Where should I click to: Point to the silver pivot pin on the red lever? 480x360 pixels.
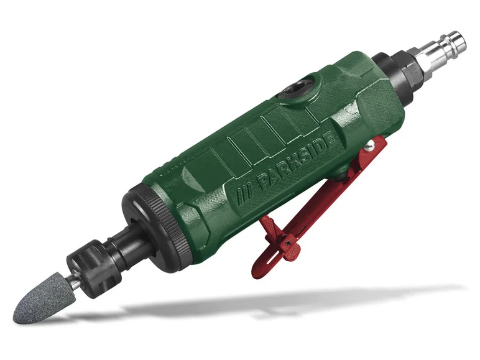371,147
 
